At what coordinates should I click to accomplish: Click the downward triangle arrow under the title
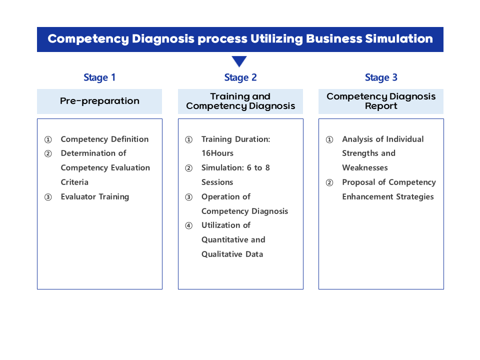point(239,61)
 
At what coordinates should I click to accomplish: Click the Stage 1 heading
point(99,77)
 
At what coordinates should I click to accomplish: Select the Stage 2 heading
point(240,77)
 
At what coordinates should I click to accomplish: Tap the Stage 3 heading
point(381,77)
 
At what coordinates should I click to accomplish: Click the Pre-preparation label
point(99,101)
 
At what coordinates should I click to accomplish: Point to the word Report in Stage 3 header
point(381,106)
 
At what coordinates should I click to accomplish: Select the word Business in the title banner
point(334,38)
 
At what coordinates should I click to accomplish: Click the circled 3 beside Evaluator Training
point(48,197)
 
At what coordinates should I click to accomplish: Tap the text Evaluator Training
point(95,197)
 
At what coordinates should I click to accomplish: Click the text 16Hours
point(217,153)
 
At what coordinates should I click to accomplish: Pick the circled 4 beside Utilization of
point(189,225)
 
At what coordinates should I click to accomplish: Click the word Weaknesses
point(365,168)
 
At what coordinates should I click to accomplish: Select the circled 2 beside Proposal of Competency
point(329,183)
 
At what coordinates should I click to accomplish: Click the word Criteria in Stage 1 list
point(74,182)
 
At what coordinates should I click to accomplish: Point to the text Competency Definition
point(104,139)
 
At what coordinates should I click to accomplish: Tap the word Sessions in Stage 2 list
point(217,182)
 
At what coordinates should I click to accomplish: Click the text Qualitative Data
point(232,254)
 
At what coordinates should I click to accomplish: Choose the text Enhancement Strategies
point(388,197)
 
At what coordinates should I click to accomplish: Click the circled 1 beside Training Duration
point(189,139)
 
